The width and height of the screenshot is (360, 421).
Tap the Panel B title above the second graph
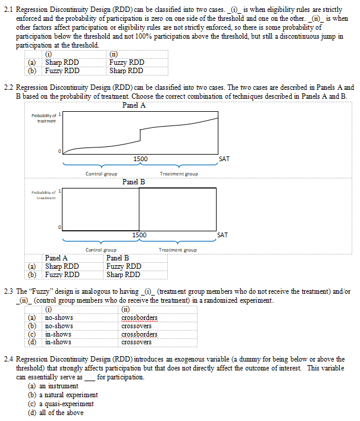[134, 181]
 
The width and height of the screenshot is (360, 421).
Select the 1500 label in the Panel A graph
[140, 159]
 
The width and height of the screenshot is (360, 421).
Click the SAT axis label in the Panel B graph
[223, 235]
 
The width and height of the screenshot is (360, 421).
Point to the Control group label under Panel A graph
[101, 174]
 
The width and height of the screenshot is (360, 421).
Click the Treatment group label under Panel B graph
[178, 250]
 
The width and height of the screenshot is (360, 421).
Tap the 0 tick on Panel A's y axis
[59, 152]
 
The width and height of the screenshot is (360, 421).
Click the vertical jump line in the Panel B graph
[139, 209]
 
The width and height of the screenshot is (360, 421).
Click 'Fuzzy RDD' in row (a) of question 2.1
[126, 62]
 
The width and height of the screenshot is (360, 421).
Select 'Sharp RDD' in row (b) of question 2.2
[123, 274]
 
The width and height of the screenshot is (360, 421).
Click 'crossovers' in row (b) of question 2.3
[136, 326]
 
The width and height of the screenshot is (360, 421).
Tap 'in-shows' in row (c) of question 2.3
[58, 334]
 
